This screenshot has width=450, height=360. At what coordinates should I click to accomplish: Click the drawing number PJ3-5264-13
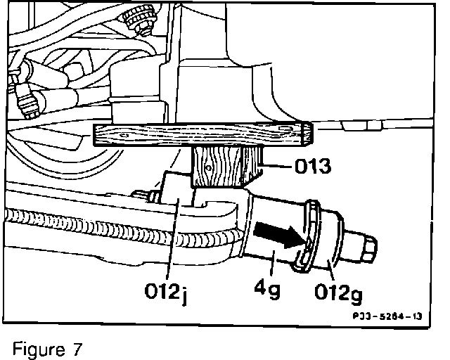[387, 316]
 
